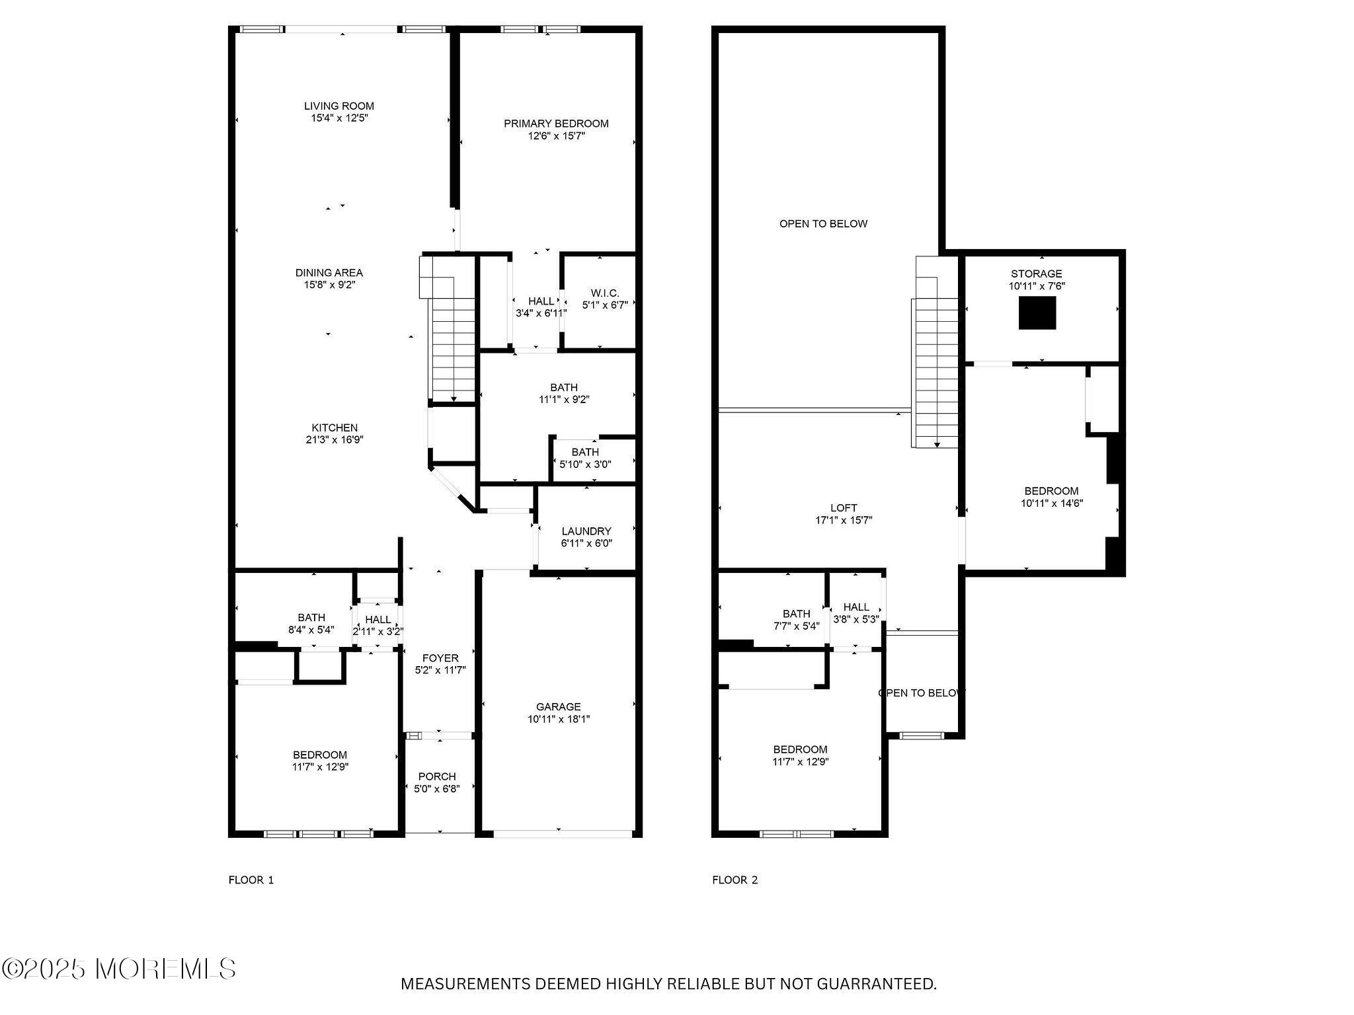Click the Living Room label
click(x=338, y=106)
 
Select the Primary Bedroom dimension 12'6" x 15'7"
click(x=556, y=136)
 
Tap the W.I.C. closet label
click(x=604, y=293)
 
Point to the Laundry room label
click(x=586, y=531)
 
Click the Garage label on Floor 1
click(x=558, y=707)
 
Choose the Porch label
click(x=437, y=776)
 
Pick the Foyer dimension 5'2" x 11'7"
click(x=440, y=670)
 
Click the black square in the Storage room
click(x=1037, y=313)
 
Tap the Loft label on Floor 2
click(x=844, y=508)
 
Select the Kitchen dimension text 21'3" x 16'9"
click(x=335, y=440)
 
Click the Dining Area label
click(x=329, y=273)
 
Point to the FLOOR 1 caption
click(x=251, y=880)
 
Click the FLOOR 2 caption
click(x=735, y=880)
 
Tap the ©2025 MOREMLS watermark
click(x=119, y=969)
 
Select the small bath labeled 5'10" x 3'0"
click(x=585, y=458)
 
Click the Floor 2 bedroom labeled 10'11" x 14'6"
click(x=1051, y=497)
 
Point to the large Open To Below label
click(x=823, y=224)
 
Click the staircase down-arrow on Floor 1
click(x=454, y=398)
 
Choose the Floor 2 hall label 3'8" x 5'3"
click(x=856, y=613)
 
